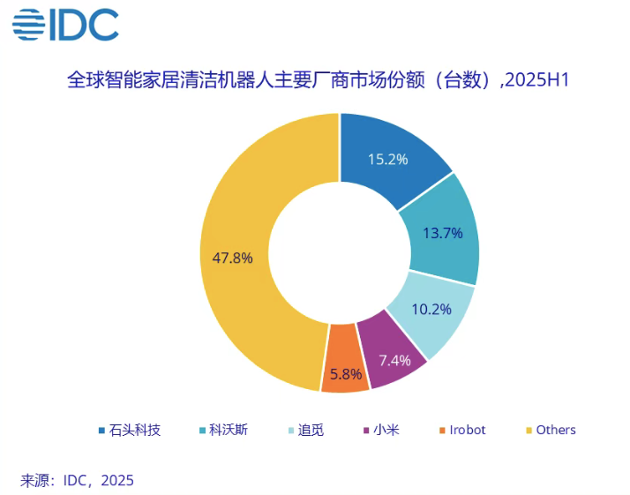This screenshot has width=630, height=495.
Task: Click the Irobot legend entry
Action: coord(467,431)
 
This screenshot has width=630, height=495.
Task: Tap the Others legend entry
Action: coord(555,431)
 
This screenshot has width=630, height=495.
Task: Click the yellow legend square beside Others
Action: coord(529,431)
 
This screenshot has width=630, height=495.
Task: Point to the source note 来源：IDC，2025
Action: coord(77,481)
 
